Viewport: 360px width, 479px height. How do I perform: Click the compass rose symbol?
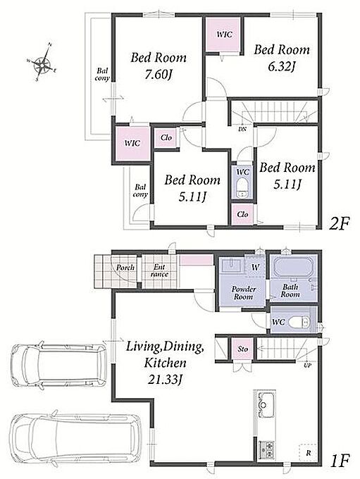(42, 63)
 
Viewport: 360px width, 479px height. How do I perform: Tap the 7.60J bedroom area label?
(158, 74)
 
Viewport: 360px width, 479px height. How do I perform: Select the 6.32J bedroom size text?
(281, 66)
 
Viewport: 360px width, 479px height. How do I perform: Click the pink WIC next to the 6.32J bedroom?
(222, 35)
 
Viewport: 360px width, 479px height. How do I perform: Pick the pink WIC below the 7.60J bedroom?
(133, 143)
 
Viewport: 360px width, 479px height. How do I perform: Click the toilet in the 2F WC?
(242, 189)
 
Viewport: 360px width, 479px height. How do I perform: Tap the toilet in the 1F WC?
(299, 322)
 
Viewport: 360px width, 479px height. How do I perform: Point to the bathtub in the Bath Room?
(293, 267)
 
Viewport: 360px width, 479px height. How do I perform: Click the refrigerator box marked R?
(308, 453)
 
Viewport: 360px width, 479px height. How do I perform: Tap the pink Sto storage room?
(242, 349)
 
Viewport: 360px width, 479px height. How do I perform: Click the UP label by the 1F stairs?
(307, 365)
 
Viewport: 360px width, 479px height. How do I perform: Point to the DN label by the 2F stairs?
(242, 129)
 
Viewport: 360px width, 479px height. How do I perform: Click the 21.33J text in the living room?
(166, 380)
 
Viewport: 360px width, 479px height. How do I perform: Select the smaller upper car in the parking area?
(58, 365)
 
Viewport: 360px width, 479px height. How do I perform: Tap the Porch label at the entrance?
(125, 267)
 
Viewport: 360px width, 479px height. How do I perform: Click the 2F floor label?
(339, 225)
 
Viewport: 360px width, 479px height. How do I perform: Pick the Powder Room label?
(243, 292)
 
